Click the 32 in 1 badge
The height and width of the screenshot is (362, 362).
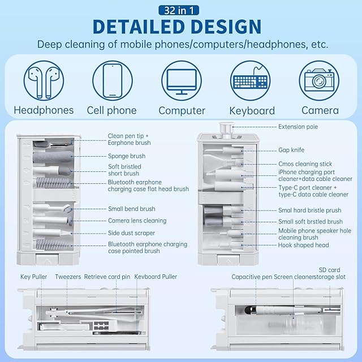click(x=180, y=10)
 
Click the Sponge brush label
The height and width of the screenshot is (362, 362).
click(x=127, y=156)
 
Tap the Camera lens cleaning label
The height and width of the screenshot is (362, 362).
click(x=137, y=221)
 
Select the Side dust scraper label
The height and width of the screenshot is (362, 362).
click(x=132, y=233)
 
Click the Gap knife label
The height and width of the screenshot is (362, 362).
click(x=291, y=150)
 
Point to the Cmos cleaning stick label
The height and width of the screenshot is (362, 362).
click(x=305, y=164)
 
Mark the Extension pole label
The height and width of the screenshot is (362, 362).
click(x=298, y=127)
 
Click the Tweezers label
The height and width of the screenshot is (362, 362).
click(x=68, y=277)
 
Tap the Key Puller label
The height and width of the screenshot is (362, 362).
click(x=33, y=277)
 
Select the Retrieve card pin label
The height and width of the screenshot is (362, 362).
click(x=107, y=277)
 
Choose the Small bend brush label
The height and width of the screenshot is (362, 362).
click(x=132, y=209)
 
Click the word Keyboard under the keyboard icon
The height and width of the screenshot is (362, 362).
click(x=252, y=111)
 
